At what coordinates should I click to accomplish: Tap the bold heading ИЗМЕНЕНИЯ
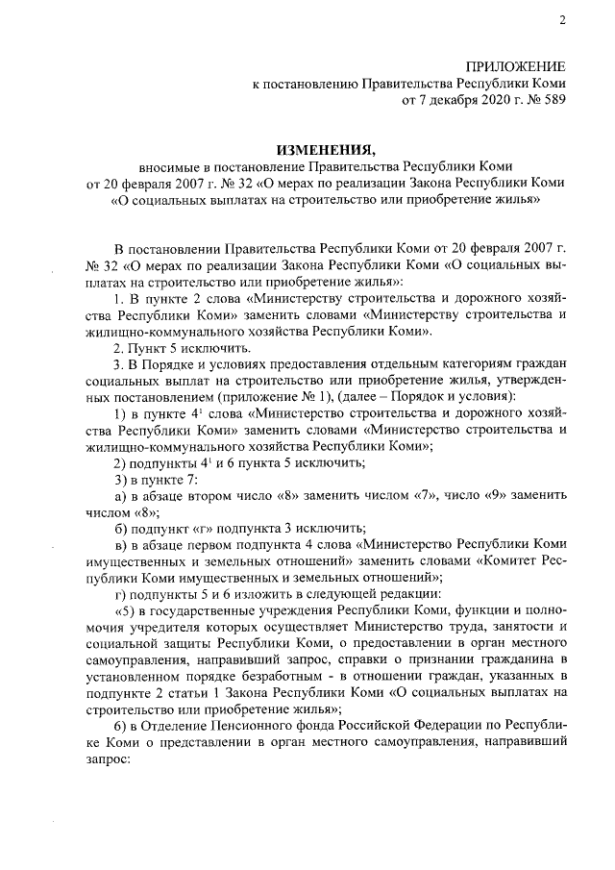(x=323, y=150)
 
